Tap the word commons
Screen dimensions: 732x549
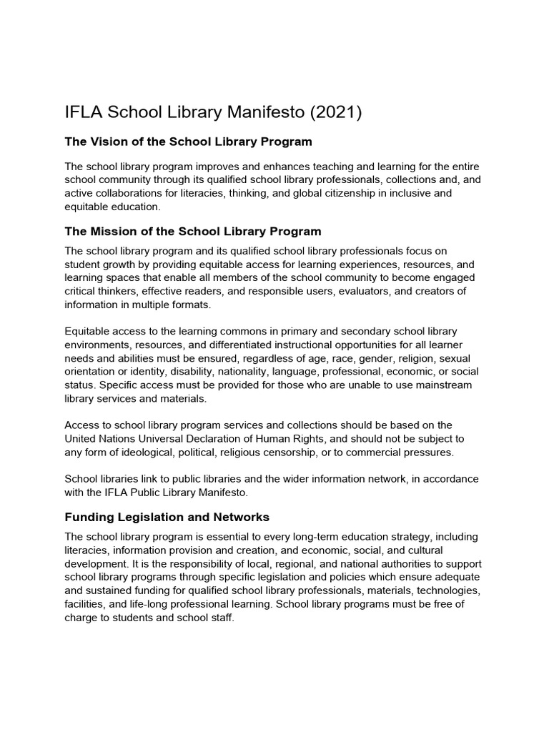click(245, 332)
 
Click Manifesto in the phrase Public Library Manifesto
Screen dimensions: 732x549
click(223, 492)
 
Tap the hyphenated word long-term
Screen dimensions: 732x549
click(325, 536)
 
